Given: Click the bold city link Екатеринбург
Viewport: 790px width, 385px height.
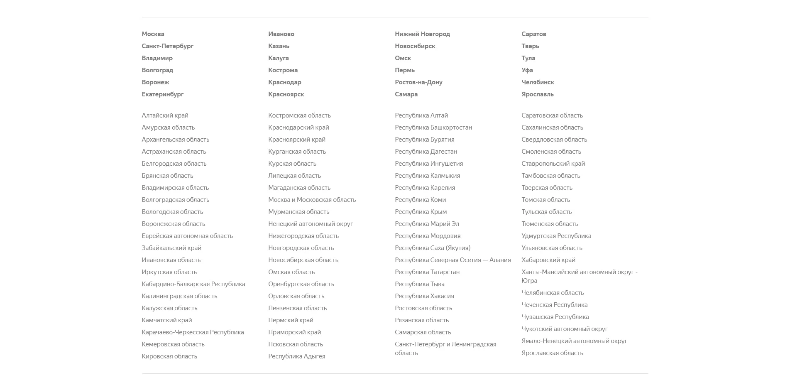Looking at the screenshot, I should tap(162, 94).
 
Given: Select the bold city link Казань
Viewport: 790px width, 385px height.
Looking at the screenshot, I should tap(279, 46).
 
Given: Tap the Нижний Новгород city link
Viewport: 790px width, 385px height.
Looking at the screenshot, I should tap(422, 34).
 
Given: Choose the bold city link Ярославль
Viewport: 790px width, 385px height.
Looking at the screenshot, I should tap(537, 94).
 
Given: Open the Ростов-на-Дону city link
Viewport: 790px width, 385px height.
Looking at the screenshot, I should tap(418, 82).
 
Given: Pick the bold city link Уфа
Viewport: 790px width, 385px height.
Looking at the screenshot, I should tap(527, 70).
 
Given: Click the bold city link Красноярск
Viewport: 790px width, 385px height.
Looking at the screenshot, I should tap(286, 94).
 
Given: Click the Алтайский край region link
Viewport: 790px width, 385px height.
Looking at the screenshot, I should tap(165, 115).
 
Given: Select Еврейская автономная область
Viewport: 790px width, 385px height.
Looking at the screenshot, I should tap(187, 236).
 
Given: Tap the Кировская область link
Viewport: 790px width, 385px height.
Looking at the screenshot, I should tap(169, 356).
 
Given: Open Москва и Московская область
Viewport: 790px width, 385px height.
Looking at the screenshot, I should tap(312, 200).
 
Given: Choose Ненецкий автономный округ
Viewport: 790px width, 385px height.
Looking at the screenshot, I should tap(311, 224).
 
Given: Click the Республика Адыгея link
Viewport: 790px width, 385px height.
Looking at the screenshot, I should tap(296, 356).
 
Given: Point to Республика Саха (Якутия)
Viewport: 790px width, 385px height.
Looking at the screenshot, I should tap(433, 248).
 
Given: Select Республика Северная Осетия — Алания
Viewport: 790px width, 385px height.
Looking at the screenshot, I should tap(452, 260).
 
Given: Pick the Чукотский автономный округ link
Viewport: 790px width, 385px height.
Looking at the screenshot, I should tap(564, 329).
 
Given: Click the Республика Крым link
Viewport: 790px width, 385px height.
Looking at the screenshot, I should tap(421, 212).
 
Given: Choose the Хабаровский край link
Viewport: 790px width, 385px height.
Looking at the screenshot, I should tap(548, 260).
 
